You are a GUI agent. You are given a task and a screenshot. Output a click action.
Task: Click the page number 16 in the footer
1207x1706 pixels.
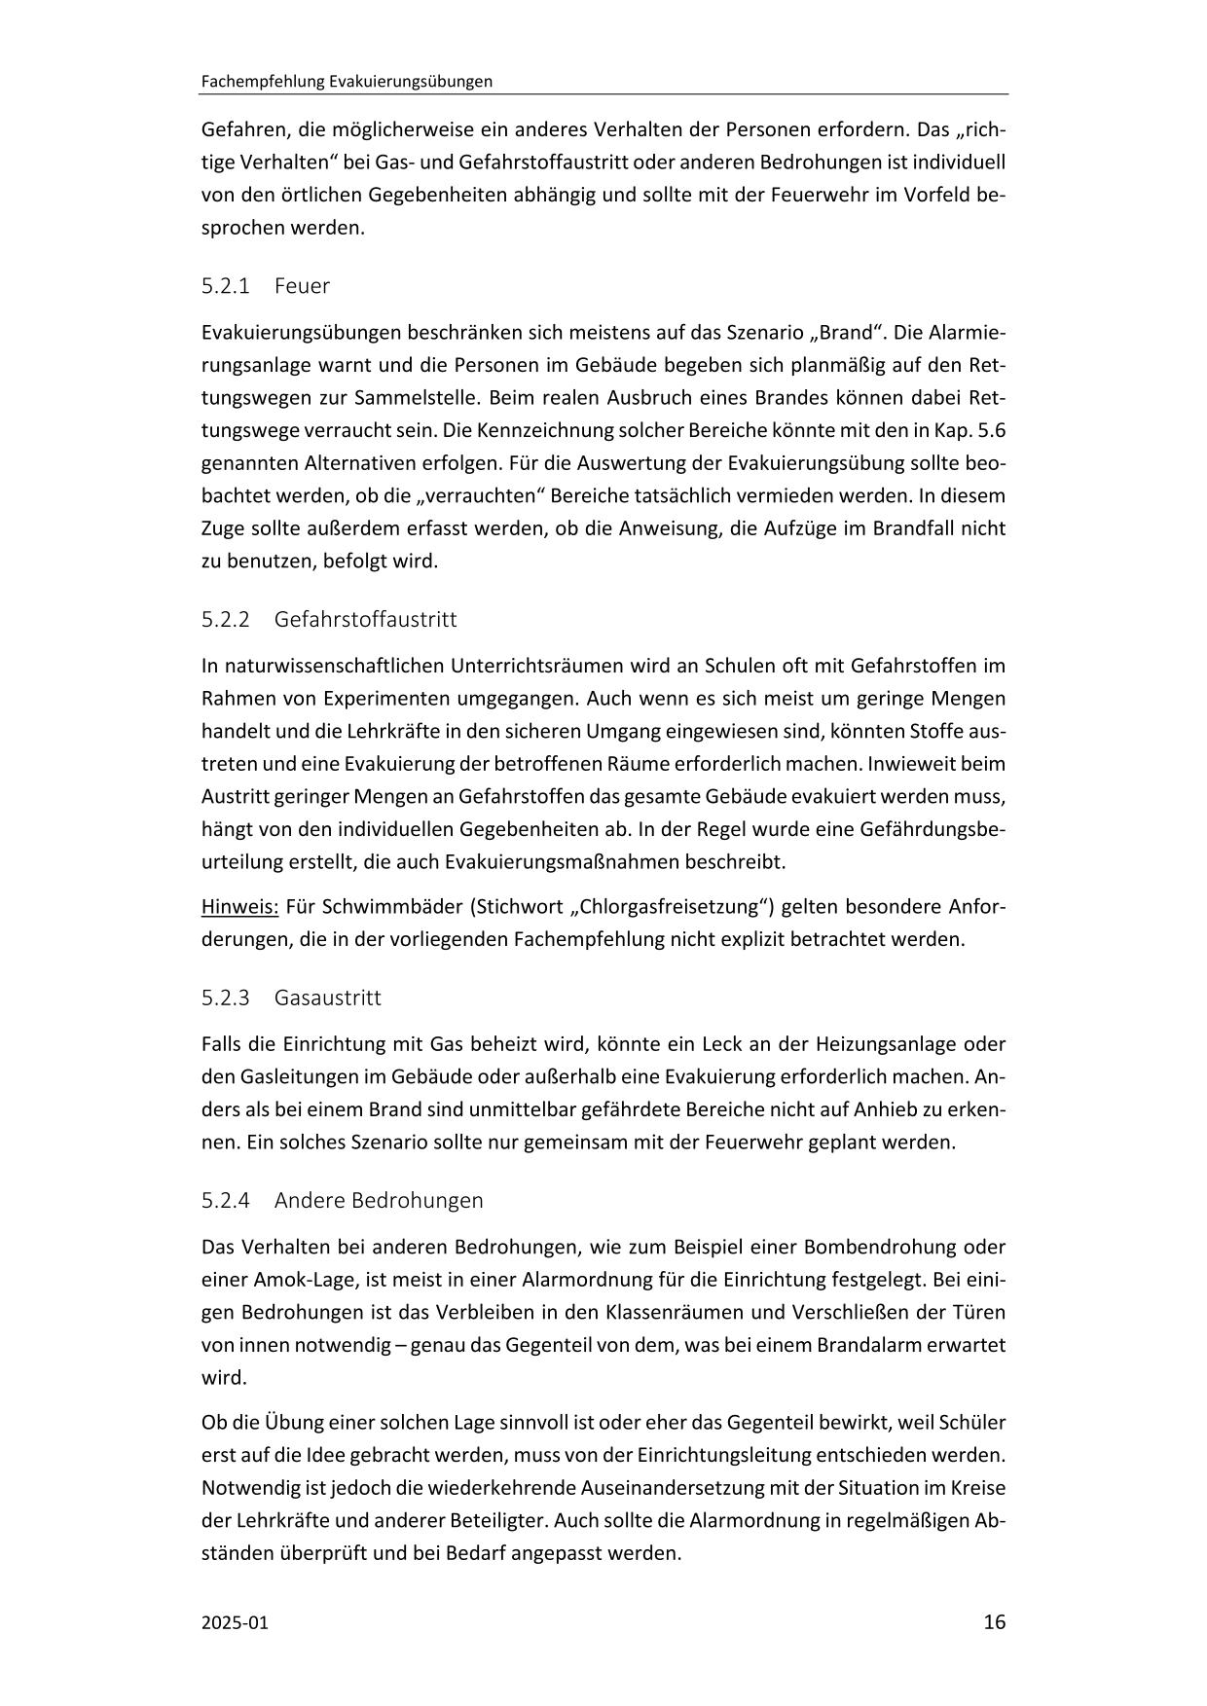coord(994,1621)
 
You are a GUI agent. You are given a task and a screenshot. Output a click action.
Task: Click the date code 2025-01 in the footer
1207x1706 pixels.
coord(235,1622)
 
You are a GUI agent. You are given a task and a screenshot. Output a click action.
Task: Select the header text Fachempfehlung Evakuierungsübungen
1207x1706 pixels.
coord(346,82)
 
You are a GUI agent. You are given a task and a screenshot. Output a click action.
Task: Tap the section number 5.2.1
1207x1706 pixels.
coord(226,286)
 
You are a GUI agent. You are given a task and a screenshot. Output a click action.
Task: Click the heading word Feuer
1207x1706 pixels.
coord(302,286)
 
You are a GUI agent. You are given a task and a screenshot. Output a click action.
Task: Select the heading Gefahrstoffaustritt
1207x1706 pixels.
coord(365,619)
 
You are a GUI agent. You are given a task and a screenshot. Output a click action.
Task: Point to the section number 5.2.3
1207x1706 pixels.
coord(226,998)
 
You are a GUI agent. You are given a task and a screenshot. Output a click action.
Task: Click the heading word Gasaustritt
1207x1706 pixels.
coord(327,998)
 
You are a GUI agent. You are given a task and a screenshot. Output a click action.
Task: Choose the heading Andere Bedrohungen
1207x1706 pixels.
coord(378,1200)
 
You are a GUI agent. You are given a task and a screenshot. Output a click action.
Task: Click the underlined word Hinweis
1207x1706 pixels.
coord(239,907)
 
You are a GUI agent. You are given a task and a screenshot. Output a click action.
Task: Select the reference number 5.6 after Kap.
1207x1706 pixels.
coord(988,430)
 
